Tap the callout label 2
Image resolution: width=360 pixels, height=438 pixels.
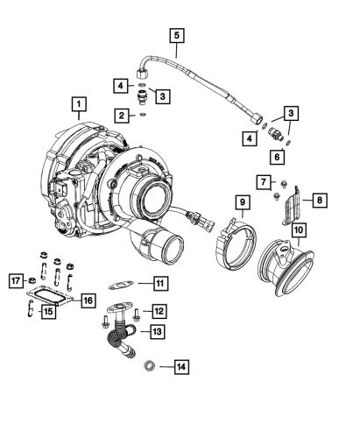pyautogui.click(x=118, y=114)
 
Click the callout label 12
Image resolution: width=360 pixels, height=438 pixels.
pyautogui.click(x=158, y=311)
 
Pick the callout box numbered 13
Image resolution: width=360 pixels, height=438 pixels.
pyautogui.click(x=158, y=332)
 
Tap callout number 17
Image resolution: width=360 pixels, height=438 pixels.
pyautogui.click(x=15, y=281)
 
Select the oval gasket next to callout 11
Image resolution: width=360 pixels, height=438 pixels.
pyautogui.click(x=121, y=283)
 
